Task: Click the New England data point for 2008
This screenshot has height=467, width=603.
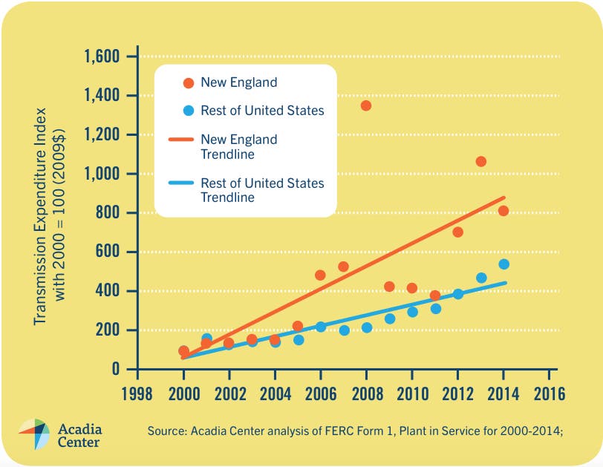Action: pyautogui.click(x=366, y=105)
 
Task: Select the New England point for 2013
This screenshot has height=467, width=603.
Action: pyautogui.click(x=480, y=161)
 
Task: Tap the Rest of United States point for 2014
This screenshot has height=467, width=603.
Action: pyautogui.click(x=503, y=264)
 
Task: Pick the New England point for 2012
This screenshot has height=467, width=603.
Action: pyautogui.click(x=457, y=232)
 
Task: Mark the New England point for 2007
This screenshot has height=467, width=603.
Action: pyautogui.click(x=343, y=267)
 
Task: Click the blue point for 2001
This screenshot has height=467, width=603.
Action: pyautogui.click(x=206, y=339)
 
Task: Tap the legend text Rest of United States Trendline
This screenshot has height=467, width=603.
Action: pyautogui.click(x=262, y=190)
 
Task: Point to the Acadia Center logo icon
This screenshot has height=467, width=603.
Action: pyautogui.click(x=34, y=434)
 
